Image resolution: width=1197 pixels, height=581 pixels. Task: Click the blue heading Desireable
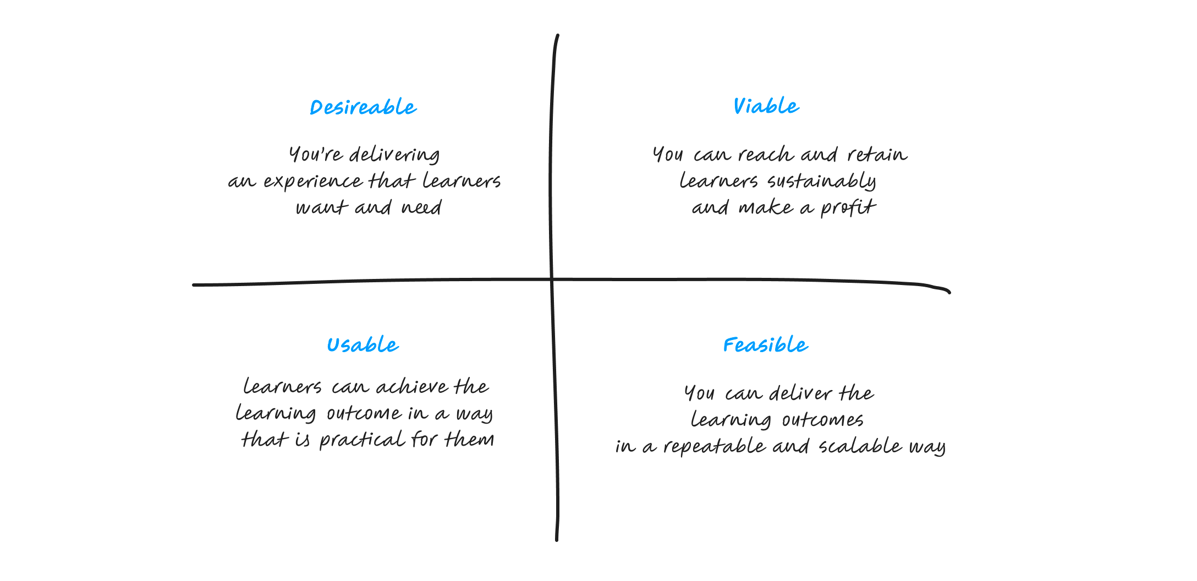click(x=363, y=107)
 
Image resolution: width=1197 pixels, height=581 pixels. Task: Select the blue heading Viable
click(x=766, y=106)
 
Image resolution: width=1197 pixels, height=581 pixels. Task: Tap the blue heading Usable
click(x=363, y=345)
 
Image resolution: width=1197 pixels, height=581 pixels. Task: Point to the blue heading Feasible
click(x=765, y=345)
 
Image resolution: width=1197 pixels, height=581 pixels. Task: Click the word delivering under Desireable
click(x=394, y=155)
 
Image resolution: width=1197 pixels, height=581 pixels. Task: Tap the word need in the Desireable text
click(x=421, y=207)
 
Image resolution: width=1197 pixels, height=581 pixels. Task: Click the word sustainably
click(x=821, y=182)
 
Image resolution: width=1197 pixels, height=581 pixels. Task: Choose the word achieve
click(x=412, y=387)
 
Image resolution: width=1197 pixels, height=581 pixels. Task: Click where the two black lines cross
click(x=552, y=280)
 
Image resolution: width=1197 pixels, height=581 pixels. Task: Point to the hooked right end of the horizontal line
click(x=948, y=292)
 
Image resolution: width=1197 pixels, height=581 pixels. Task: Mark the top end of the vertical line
click(x=558, y=36)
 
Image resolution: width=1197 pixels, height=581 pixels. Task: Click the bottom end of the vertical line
click(x=557, y=539)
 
